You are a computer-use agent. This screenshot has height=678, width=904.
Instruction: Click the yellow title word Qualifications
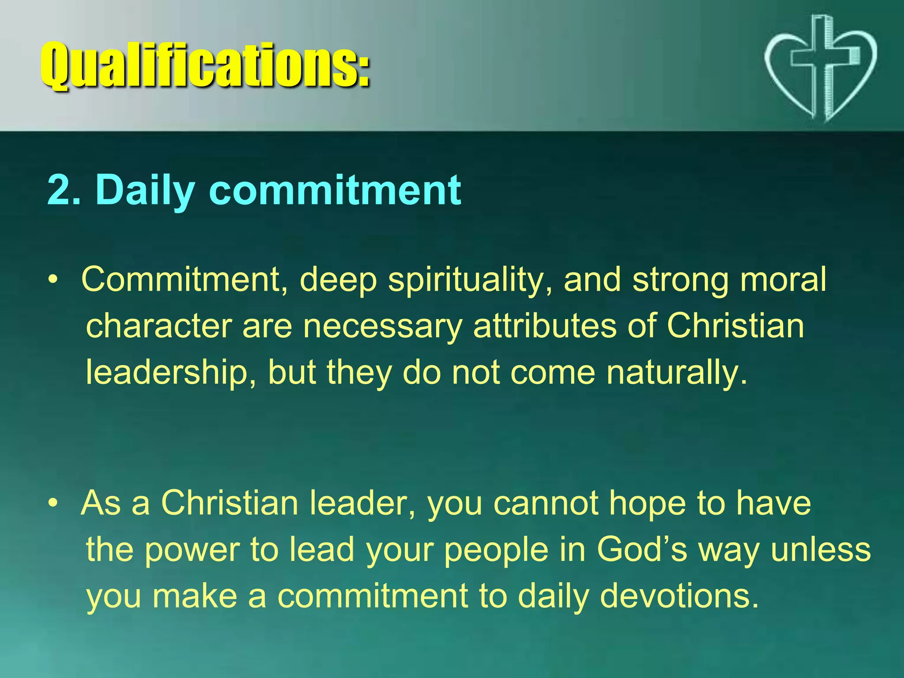pyautogui.click(x=205, y=66)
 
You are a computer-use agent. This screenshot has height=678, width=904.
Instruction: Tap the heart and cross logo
pyautogui.click(x=820, y=68)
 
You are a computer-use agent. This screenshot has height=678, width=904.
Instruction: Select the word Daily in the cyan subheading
pyautogui.click(x=146, y=191)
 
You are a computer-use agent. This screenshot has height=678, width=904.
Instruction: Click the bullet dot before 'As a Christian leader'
pyautogui.click(x=53, y=503)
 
